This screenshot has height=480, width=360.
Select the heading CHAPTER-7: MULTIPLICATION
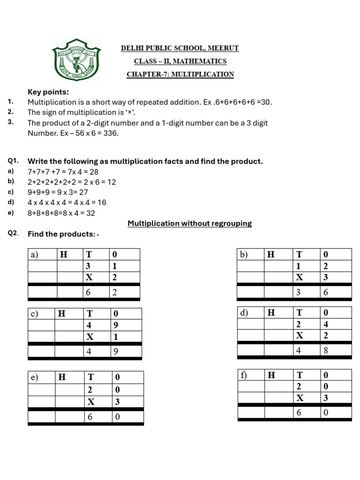[180, 75]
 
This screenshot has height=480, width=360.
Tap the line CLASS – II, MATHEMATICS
[180, 61]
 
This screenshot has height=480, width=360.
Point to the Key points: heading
[48, 92]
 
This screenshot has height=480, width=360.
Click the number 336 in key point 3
[111, 133]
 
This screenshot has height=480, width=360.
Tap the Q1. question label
[13, 161]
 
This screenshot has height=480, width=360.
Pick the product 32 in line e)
[90, 213]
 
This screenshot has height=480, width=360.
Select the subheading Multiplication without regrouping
[189, 224]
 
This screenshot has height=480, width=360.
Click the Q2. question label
[13, 234]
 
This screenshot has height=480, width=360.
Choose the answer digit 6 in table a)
[89, 292]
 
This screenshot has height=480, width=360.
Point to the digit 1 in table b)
[298, 266]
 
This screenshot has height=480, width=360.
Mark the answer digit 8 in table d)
[325, 350]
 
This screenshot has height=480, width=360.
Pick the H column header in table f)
[271, 375]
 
